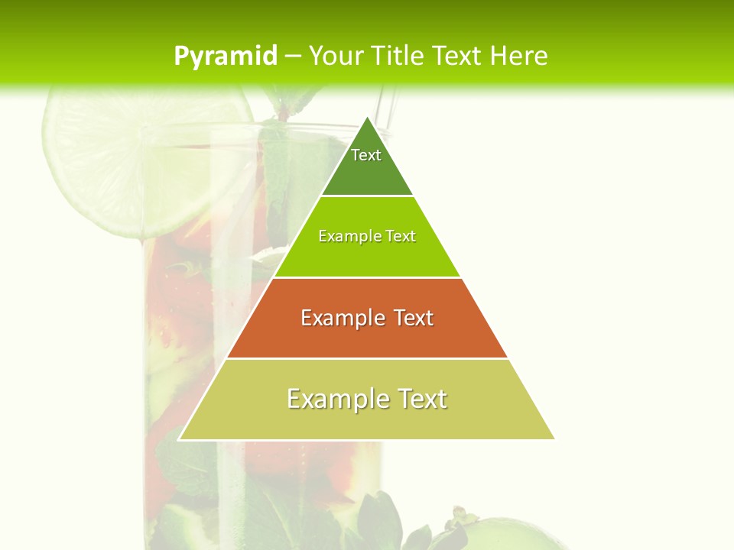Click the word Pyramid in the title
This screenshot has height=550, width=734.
point(226,57)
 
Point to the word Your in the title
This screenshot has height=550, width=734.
point(335,56)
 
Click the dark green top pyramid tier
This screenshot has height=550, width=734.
point(367,172)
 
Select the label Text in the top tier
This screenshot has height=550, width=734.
point(366,155)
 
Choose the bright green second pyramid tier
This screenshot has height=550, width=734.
point(367,256)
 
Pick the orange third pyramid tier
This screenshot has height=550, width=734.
point(367,336)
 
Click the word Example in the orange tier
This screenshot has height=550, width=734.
point(341,318)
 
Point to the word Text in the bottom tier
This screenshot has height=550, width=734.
point(421,399)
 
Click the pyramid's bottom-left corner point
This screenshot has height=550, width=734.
point(179,439)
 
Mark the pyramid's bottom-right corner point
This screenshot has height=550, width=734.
point(554,439)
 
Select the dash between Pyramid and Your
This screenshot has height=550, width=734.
point(293,57)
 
